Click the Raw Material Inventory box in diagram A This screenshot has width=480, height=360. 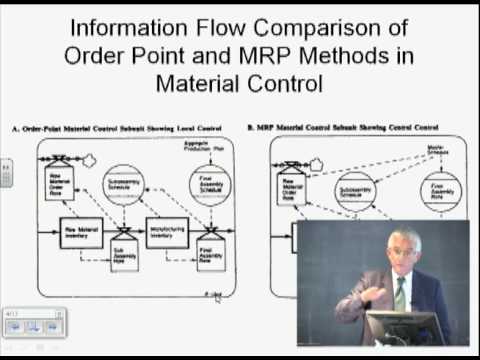(x=83, y=232)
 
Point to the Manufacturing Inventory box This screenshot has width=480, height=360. (x=166, y=232)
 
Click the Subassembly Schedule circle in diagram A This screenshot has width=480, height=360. (x=124, y=185)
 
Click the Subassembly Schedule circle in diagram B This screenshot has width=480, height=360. (x=355, y=190)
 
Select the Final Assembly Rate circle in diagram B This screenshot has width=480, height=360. (x=440, y=191)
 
